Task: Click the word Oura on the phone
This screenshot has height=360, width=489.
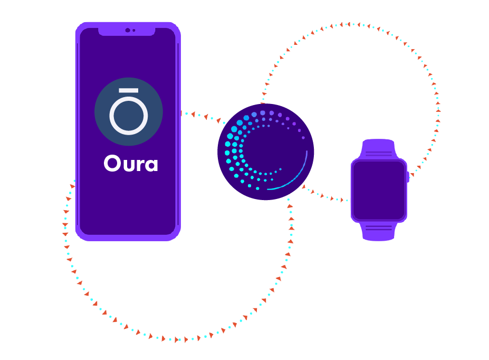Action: [131, 164]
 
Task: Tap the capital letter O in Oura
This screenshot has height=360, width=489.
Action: [112, 164]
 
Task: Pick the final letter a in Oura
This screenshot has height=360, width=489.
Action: [151, 165]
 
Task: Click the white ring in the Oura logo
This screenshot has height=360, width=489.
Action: [129, 116]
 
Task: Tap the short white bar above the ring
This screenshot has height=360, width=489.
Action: [129, 91]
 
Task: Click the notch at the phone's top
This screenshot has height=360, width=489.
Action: [127, 31]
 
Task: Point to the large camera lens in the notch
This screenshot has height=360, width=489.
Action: [128, 30]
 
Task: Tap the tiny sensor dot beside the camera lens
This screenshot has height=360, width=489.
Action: [134, 30]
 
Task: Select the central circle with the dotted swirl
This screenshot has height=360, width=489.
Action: [266, 151]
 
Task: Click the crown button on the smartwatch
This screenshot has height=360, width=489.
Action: [408, 176]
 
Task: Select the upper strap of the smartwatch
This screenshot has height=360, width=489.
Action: [379, 148]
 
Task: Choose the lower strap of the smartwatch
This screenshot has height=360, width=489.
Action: [379, 231]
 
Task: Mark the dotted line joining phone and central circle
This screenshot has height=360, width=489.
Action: [200, 116]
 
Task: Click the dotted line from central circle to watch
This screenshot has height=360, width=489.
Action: [324, 196]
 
